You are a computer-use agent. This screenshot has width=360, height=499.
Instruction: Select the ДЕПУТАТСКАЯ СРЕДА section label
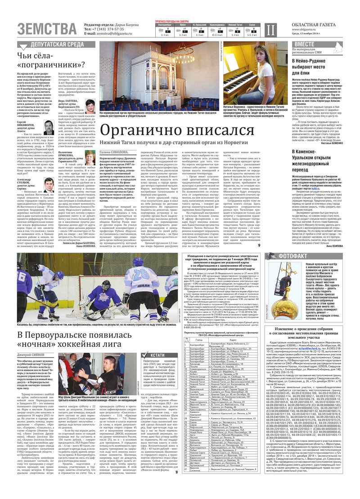pyautogui.click(x=56, y=45)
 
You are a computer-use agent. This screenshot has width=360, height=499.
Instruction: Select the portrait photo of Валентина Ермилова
pyautogui.click(x=90, y=157)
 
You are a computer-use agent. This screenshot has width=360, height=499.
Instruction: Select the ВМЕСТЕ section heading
pyautogui.click(x=305, y=44)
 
